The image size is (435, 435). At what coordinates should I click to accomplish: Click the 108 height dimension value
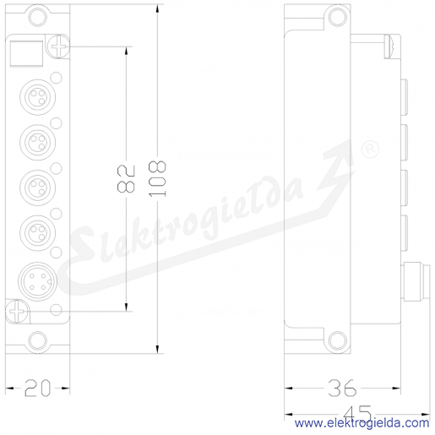point(158,178)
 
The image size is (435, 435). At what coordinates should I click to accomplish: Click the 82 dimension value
point(126,179)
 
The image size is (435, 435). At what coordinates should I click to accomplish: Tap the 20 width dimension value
point(37,388)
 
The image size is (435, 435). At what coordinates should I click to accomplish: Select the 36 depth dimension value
point(343,388)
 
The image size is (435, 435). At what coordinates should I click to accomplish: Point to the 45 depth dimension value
point(357,413)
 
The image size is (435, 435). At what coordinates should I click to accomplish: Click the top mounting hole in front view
point(37,17)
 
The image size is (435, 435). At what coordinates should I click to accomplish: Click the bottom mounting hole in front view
point(37,340)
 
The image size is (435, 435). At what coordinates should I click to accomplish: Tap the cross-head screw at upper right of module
point(58,46)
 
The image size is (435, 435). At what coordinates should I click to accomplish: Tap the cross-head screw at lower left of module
point(17,312)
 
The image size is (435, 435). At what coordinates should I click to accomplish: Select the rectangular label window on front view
point(26,54)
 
